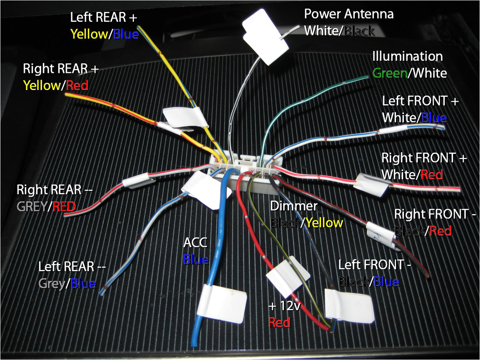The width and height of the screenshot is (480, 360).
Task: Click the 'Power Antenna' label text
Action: coord(349,14)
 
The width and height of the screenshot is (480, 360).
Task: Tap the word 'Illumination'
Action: coord(407,56)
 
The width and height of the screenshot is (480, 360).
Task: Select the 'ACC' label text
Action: coord(195,242)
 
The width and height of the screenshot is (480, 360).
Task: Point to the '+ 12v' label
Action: coord(285,306)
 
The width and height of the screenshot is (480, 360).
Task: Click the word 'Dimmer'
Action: coord(294,206)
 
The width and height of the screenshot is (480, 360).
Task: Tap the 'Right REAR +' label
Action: coord(60,69)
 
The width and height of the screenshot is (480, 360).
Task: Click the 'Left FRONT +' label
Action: coord(420,101)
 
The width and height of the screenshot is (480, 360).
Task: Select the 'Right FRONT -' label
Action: coord(435,214)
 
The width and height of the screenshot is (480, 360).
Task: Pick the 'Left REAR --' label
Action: coord(72,266)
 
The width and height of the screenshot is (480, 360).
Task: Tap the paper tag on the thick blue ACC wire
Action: coord(224,303)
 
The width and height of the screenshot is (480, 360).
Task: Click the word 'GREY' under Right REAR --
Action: coord(31,206)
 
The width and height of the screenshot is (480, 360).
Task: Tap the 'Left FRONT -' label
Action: coord(375,264)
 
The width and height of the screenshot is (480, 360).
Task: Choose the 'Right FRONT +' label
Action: coord(424,158)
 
